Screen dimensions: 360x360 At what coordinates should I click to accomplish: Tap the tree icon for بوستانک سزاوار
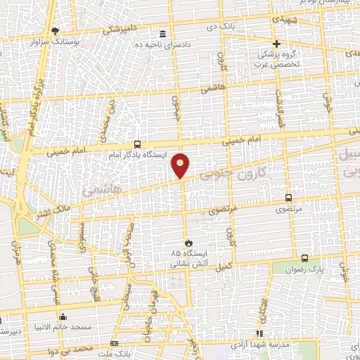pyautogui.click(x=56, y=30)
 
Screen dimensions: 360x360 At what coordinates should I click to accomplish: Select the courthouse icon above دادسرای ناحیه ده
pyautogui.click(x=163, y=34)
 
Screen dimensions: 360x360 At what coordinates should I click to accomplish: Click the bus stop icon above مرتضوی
pyautogui.click(x=288, y=198)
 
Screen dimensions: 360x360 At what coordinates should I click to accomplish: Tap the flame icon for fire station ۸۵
pyautogui.click(x=186, y=243)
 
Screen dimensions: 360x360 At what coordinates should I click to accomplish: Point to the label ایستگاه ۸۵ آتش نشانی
pyautogui.click(x=186, y=259)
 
